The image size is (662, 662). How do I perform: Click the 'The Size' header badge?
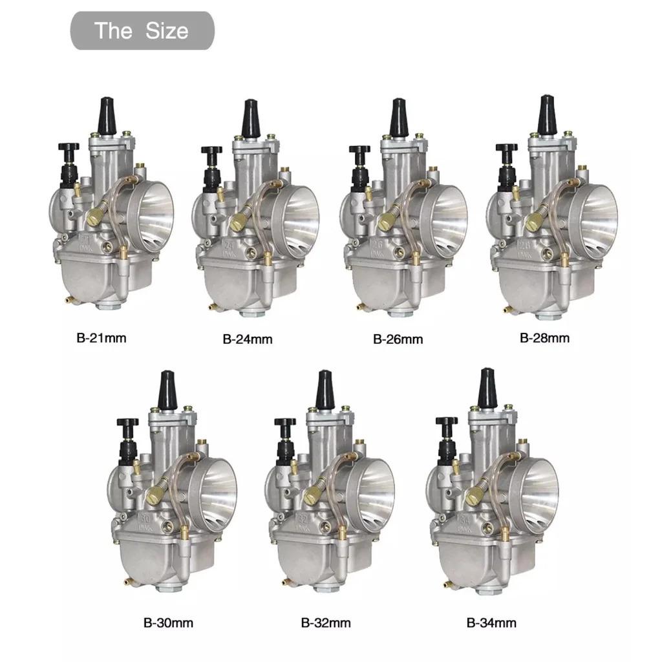(142, 30)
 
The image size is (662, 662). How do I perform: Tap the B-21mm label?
(100, 337)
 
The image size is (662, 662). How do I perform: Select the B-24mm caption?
(248, 339)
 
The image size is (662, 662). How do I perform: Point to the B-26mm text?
(398, 339)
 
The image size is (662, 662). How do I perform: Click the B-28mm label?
(544, 337)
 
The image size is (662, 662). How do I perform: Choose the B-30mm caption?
(168, 623)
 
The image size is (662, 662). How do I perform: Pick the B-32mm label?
(326, 623)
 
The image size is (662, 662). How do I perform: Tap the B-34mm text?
(491, 623)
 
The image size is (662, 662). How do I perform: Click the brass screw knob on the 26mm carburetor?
(387, 222)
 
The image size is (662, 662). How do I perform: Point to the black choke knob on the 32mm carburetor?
(284, 423)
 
